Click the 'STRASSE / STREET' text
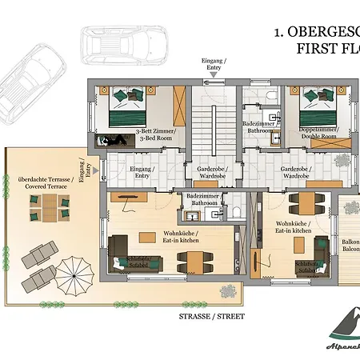pos(211,316)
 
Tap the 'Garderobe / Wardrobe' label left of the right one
pos(204,173)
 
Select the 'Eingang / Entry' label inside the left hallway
pos(142,173)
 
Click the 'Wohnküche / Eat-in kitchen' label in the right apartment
pos(293,227)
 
